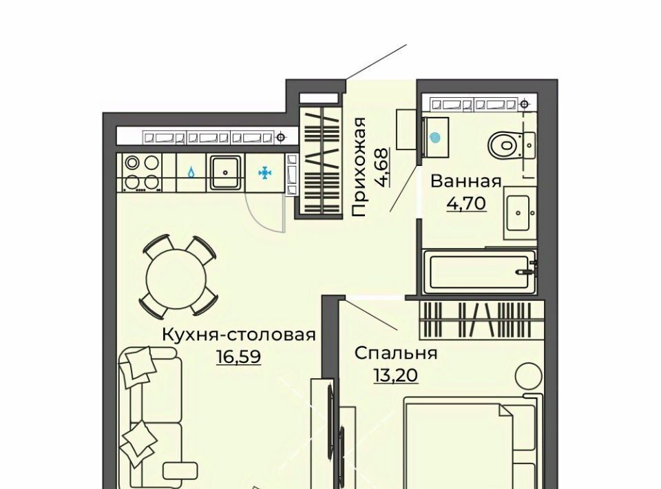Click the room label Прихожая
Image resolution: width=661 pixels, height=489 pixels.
358,167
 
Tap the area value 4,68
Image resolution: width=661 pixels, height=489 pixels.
384,167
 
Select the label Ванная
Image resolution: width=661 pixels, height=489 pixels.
466,182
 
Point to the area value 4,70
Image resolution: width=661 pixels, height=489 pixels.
466,204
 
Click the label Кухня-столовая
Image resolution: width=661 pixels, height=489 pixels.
239,335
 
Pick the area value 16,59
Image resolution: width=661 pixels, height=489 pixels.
239,357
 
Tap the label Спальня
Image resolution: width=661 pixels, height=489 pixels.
396,353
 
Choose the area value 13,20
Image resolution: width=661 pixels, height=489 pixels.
396,375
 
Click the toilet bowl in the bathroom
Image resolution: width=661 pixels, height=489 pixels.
512,145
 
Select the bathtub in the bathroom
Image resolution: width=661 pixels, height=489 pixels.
480,272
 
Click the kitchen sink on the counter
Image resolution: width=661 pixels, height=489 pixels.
226,172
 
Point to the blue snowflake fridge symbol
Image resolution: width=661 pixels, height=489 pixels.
264,172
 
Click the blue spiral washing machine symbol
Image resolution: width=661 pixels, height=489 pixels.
435,137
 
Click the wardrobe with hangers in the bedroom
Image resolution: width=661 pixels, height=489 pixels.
482,320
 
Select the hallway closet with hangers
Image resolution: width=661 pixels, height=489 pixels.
322,161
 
